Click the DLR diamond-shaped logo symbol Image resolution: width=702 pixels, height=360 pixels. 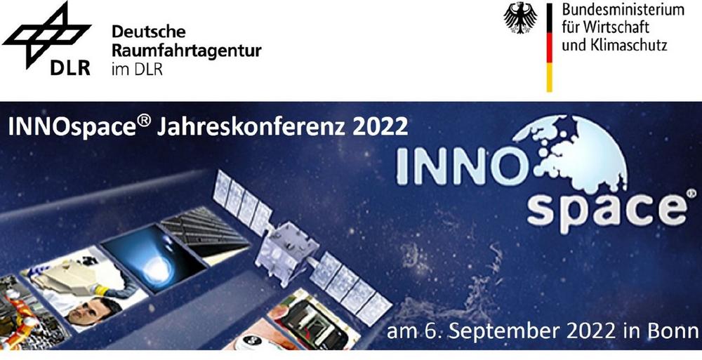[x=46, y=35]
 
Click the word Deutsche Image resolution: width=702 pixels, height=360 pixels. [x=142, y=32]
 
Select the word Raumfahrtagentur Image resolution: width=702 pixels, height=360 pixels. [x=186, y=51]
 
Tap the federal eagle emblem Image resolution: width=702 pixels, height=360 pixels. [x=520, y=18]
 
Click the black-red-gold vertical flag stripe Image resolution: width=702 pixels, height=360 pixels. [x=550, y=48]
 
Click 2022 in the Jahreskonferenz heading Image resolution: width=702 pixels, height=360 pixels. [x=380, y=127]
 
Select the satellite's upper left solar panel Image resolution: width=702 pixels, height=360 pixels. [x=241, y=202]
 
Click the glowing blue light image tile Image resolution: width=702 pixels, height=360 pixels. [x=154, y=258]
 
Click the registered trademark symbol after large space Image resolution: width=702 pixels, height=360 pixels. [x=691, y=193]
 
